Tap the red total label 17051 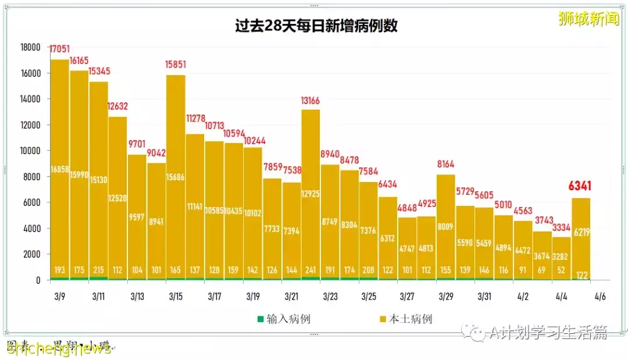point(60,49)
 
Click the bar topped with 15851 point(176,174)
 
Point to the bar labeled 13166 point(311,192)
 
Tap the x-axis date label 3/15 point(176,297)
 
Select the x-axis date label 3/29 point(446,297)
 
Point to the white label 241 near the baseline point(311,270)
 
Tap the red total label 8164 point(446,164)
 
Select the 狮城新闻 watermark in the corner point(588,19)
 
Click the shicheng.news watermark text point(58,348)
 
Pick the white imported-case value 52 point(562,270)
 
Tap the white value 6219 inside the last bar point(581,231)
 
